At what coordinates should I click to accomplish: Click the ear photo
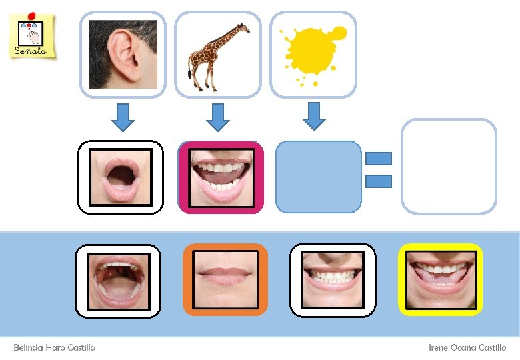123,54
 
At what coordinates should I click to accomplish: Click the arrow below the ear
123,117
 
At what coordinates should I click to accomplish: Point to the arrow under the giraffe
217,117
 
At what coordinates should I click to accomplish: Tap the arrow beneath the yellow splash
314,116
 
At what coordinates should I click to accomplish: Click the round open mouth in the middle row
121,177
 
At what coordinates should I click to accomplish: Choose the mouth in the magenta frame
221,177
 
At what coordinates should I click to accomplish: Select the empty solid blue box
318,177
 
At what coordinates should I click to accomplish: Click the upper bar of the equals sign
379,159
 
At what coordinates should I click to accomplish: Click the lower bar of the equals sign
379,180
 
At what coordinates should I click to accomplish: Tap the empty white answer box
449,167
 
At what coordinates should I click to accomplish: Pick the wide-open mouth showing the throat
118,281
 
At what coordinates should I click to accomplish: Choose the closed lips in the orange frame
225,279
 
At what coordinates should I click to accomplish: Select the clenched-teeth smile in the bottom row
333,280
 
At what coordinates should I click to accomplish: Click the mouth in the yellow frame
440,279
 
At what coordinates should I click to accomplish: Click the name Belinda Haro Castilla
55,347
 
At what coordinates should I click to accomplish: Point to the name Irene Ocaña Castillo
467,347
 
